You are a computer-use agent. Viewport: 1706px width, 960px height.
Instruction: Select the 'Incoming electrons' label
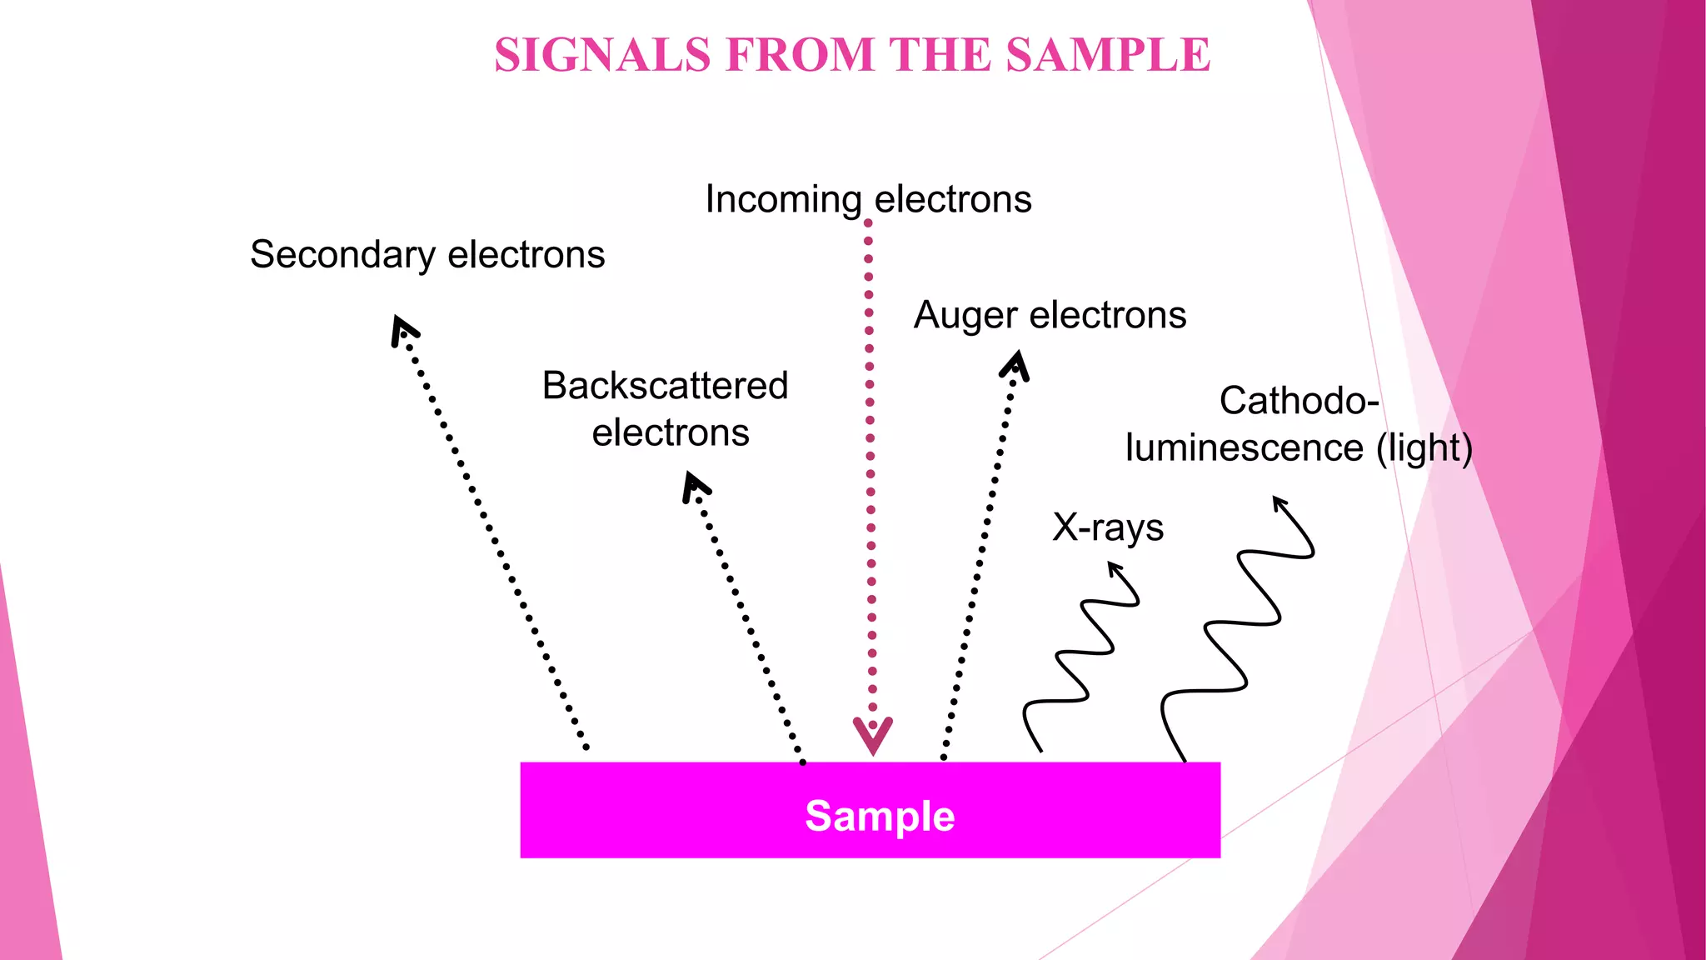click(869, 200)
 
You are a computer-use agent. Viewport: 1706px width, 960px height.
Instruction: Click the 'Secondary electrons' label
click(427, 255)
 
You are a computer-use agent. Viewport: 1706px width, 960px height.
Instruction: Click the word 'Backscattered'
click(665, 386)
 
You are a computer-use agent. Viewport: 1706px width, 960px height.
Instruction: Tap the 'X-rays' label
click(1108, 527)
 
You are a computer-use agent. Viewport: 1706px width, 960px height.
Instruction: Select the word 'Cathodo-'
click(1299, 401)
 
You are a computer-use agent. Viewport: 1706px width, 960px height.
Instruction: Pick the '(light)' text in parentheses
click(1424, 448)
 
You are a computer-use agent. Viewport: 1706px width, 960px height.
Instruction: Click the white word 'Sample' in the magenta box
click(880, 816)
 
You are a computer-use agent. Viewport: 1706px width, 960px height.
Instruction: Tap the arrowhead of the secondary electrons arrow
click(403, 330)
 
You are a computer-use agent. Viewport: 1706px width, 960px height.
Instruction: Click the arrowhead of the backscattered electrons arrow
click(695, 487)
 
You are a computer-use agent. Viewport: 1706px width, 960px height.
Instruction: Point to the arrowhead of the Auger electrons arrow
click(1015, 366)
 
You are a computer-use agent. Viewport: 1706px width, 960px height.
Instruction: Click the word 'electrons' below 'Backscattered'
click(671, 433)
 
